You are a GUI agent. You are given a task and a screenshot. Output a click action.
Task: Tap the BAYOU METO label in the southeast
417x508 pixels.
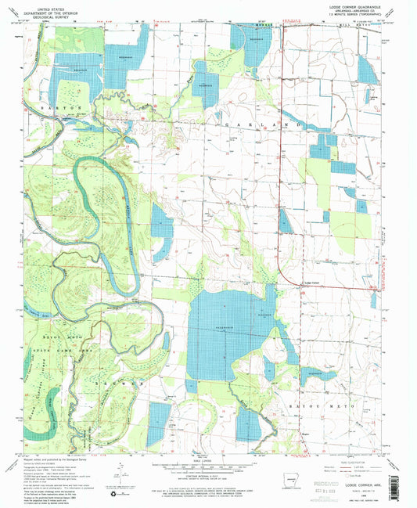tap(319, 407)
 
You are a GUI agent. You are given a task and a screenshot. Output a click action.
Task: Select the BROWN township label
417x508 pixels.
tap(117, 382)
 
